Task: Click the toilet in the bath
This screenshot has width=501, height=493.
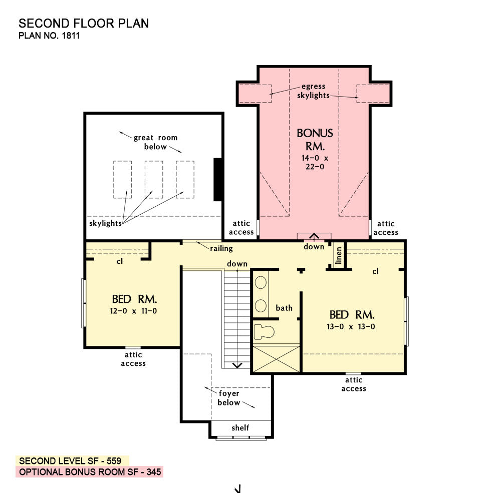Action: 264,332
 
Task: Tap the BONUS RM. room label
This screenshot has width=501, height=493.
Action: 315,140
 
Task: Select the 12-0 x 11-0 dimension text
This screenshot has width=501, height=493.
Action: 133,311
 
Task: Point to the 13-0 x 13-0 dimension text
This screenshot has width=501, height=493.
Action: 351,327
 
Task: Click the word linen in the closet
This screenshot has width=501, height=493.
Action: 338,255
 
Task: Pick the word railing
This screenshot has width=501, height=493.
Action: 221,248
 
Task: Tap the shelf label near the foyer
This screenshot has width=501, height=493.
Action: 240,427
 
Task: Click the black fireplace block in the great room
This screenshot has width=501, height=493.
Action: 218,180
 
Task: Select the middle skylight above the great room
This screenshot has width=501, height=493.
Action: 154,180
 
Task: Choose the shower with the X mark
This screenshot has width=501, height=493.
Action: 277,358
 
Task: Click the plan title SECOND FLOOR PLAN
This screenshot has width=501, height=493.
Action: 84,24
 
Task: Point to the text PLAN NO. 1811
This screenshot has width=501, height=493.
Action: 49,36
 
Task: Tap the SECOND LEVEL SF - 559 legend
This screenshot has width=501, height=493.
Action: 70,461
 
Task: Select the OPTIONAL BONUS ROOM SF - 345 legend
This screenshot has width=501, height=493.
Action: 90,472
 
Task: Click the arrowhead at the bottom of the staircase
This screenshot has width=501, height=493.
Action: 237,365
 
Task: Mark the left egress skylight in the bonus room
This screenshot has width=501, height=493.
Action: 256,94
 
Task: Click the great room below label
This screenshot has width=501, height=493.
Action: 155,142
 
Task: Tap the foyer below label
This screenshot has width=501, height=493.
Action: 229,398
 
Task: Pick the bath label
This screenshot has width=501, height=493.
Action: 284,308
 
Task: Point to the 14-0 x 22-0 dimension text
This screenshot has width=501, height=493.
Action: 315,162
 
